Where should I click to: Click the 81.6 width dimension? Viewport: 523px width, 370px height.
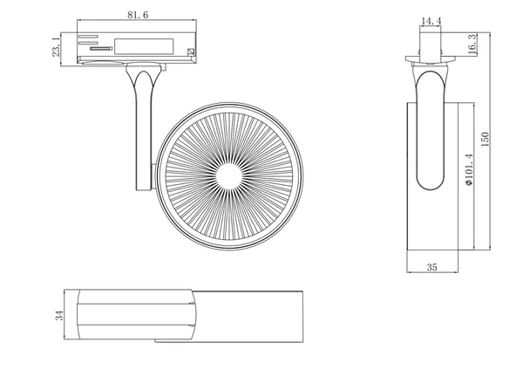coord(138,15)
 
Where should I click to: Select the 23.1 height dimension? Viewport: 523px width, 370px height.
coord(56,47)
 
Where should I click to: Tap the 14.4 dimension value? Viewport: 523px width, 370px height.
coord(431,21)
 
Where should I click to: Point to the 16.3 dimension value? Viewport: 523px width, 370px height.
coord(472,44)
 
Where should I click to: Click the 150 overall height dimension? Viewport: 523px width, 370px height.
coord(485,140)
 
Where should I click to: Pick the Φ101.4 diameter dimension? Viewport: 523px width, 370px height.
coord(469,169)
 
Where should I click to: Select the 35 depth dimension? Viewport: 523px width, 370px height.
coord(432,267)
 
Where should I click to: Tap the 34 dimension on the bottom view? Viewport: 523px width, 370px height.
coord(59,315)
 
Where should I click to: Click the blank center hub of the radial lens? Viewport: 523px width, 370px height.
coord(229,176)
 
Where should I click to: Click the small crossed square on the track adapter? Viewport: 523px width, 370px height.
coord(190,51)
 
